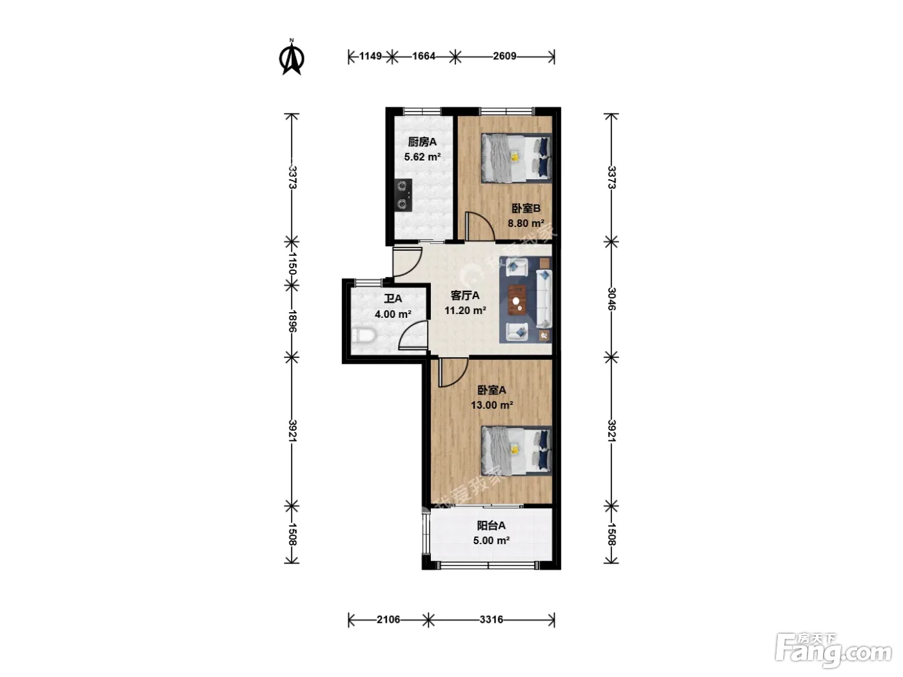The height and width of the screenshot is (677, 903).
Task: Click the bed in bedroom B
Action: (x=516, y=158)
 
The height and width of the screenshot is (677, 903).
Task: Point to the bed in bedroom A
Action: (x=516, y=451)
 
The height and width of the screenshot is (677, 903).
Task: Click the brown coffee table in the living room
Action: (x=517, y=300)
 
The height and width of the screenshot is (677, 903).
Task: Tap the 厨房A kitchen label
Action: (x=422, y=142)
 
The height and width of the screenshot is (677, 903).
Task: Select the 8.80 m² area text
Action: (x=526, y=223)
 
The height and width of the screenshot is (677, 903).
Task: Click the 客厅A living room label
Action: (x=465, y=295)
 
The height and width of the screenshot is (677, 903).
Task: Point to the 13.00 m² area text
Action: (x=491, y=405)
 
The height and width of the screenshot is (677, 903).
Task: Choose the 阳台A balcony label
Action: (x=491, y=525)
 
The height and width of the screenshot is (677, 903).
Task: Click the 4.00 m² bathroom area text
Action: (x=393, y=314)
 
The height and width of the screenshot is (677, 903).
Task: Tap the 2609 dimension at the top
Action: (x=504, y=56)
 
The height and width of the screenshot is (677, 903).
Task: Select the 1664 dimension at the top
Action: (x=424, y=56)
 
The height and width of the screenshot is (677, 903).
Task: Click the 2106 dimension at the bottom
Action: (x=388, y=619)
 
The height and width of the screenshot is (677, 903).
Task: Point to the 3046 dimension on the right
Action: (x=611, y=299)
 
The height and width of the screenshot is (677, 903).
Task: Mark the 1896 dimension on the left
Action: (x=292, y=321)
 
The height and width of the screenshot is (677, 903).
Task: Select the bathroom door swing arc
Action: (x=413, y=335)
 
